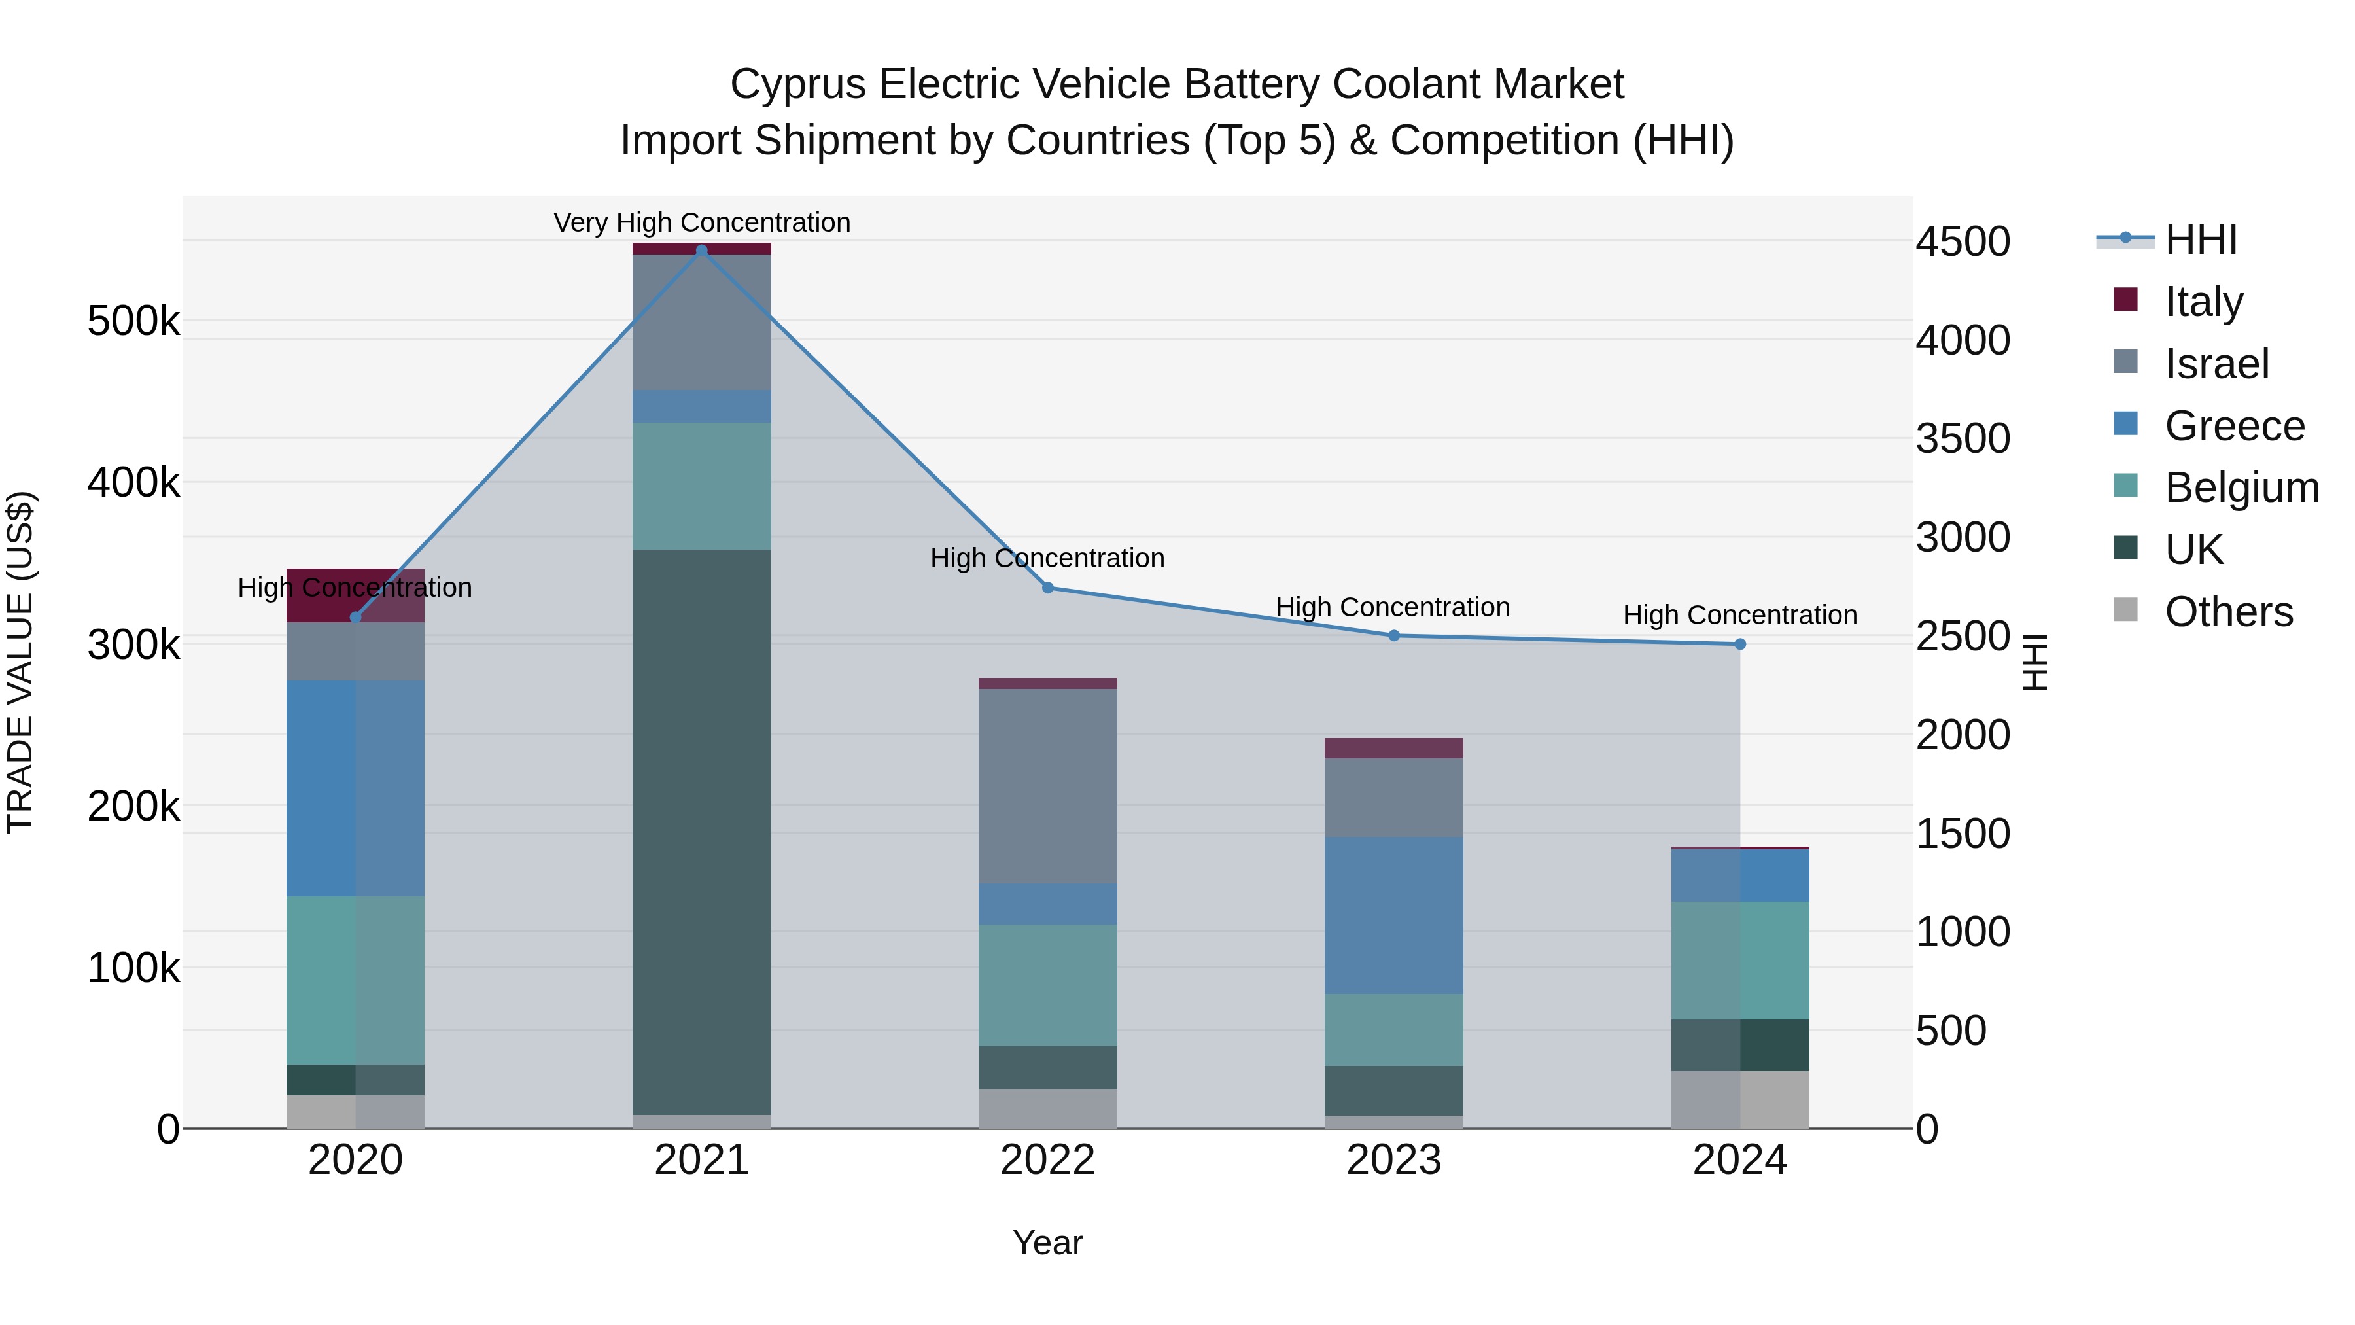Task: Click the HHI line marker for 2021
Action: pyautogui.click(x=701, y=251)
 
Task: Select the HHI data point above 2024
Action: pyautogui.click(x=1739, y=645)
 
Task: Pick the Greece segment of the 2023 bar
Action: pyautogui.click(x=1393, y=915)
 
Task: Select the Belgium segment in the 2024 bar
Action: pyautogui.click(x=1739, y=960)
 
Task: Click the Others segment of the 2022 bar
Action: pyautogui.click(x=1048, y=1108)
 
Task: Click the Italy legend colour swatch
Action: pyautogui.click(x=2125, y=300)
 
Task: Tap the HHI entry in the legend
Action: pyautogui.click(x=2201, y=239)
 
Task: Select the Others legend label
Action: pyautogui.click(x=2229, y=612)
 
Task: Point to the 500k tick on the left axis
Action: pyautogui.click(x=133, y=322)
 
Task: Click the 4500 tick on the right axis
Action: pyautogui.click(x=1962, y=242)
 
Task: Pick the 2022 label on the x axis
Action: pyautogui.click(x=1048, y=1160)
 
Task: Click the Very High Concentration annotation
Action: pyautogui.click(x=701, y=222)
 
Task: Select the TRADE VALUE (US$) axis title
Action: pyautogui.click(x=20, y=662)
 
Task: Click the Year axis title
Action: pyautogui.click(x=1048, y=1243)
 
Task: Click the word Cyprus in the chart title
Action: pyautogui.click(x=797, y=85)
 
